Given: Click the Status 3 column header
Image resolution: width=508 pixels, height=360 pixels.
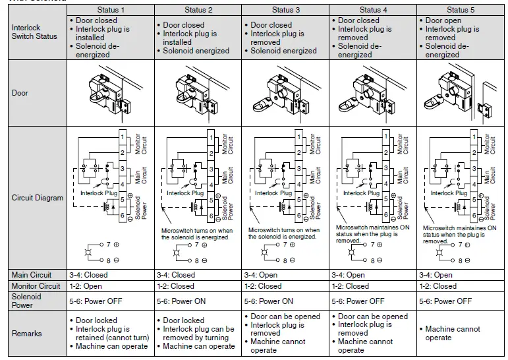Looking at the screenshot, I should point(285,10).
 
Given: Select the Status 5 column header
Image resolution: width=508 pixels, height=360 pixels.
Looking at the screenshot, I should point(461,10).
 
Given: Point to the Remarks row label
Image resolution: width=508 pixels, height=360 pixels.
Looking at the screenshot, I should point(27,334).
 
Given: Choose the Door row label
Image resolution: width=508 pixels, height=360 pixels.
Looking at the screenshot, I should point(20,93).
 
